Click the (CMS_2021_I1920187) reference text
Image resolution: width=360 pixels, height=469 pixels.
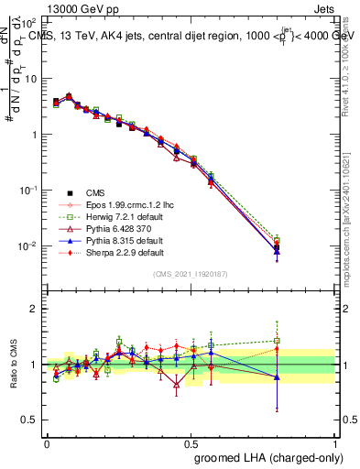190,274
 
